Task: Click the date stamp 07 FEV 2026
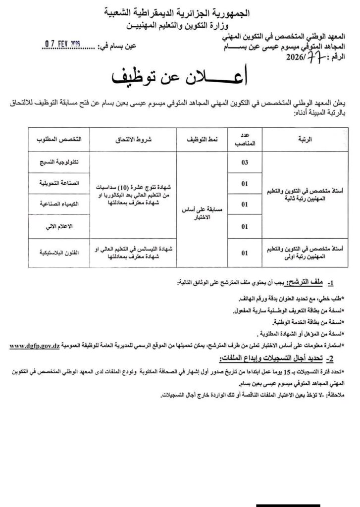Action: click(62, 45)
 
